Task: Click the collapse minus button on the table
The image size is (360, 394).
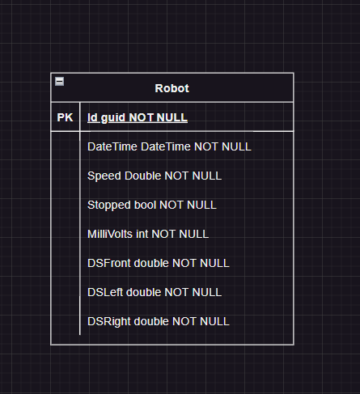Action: (x=59, y=81)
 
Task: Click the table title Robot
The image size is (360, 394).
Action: (x=172, y=88)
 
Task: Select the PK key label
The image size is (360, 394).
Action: (x=65, y=117)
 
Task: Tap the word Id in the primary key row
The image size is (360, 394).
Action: (x=92, y=117)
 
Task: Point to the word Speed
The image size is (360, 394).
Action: (x=104, y=176)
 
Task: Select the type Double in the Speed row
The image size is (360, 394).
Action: (x=143, y=176)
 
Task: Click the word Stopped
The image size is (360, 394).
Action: (x=109, y=205)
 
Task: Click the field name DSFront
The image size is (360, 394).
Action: (x=109, y=263)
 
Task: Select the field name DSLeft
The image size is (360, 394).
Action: (x=105, y=292)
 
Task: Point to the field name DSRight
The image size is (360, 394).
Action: (x=109, y=322)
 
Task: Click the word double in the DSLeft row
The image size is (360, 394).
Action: (x=143, y=292)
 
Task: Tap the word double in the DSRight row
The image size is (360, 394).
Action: (x=151, y=321)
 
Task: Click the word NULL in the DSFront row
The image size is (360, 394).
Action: (x=214, y=263)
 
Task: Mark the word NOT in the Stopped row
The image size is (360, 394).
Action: (x=172, y=205)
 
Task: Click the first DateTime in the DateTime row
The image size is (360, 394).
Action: (x=112, y=146)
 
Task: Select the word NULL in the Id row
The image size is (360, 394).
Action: (x=172, y=117)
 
